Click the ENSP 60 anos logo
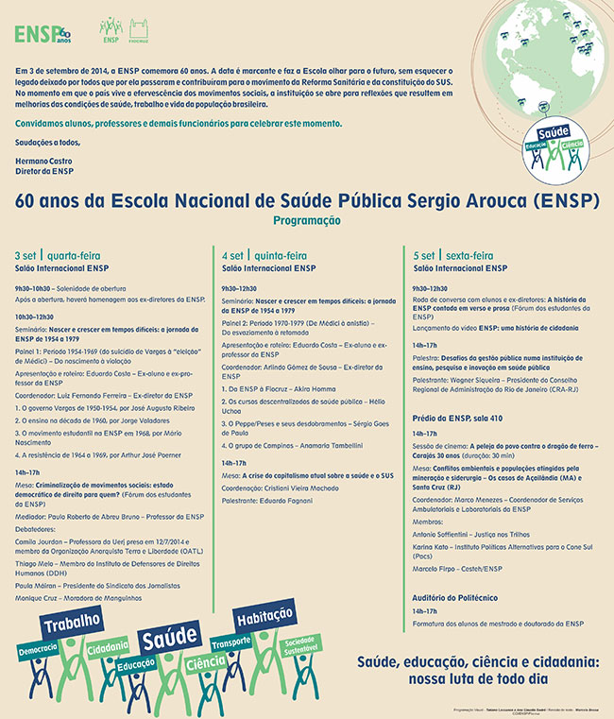click(43, 34)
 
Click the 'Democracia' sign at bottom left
click(37, 653)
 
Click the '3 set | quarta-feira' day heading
click(58, 255)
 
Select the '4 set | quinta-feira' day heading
click(264, 255)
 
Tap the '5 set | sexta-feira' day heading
click(453, 255)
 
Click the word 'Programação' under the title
click(306, 219)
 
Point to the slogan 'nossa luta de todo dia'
click(478, 678)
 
